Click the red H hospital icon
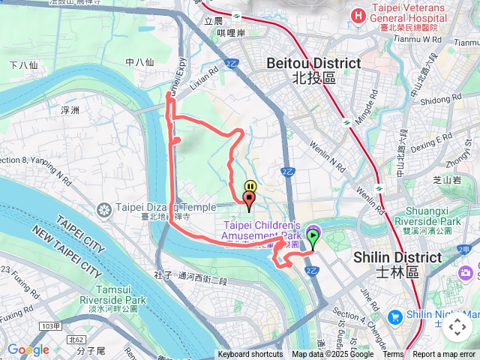coord(358,15)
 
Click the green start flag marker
coord(312,238)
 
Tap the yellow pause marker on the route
coord(250,186)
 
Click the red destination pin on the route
coord(249,199)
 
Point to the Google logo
coord(28,349)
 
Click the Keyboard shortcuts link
coord(250,355)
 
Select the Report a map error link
coord(444,355)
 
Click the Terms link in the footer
coord(393,355)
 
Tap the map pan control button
coord(457,327)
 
